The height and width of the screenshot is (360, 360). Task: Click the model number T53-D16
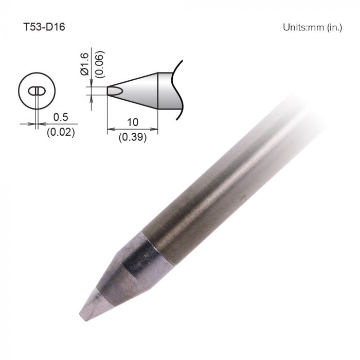click(44, 27)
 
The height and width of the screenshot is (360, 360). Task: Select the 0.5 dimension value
click(61, 117)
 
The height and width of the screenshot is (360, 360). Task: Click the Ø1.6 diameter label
click(85, 65)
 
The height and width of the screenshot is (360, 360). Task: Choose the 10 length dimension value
click(133, 123)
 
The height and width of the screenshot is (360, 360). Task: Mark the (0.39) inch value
click(133, 137)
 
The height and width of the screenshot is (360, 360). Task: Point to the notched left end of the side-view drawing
click(110, 90)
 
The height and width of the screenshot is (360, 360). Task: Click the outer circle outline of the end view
click(19, 92)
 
